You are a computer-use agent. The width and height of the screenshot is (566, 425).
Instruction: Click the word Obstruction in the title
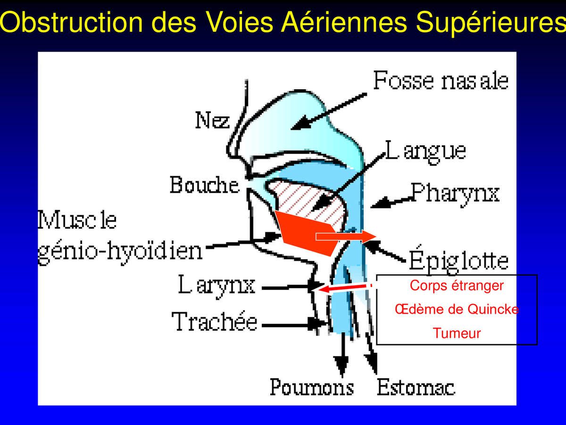point(71,22)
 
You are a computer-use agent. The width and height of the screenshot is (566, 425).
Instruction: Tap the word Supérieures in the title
point(491,23)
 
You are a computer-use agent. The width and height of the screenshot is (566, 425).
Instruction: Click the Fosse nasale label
point(441,80)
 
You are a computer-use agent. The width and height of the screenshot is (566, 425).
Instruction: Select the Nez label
point(212,120)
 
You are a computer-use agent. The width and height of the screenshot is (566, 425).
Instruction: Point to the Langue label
point(425,152)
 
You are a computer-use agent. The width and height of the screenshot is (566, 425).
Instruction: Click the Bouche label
point(205,185)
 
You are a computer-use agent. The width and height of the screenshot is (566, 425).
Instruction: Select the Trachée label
point(215,321)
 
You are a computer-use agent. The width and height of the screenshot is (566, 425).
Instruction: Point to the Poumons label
point(312,387)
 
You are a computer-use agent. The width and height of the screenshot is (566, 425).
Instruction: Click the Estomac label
point(416,387)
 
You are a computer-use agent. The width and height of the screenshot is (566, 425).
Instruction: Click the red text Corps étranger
point(457,286)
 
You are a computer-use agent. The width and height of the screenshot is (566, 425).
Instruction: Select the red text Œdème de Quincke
point(457,309)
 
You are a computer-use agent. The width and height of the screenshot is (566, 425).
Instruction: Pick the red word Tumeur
point(457,333)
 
